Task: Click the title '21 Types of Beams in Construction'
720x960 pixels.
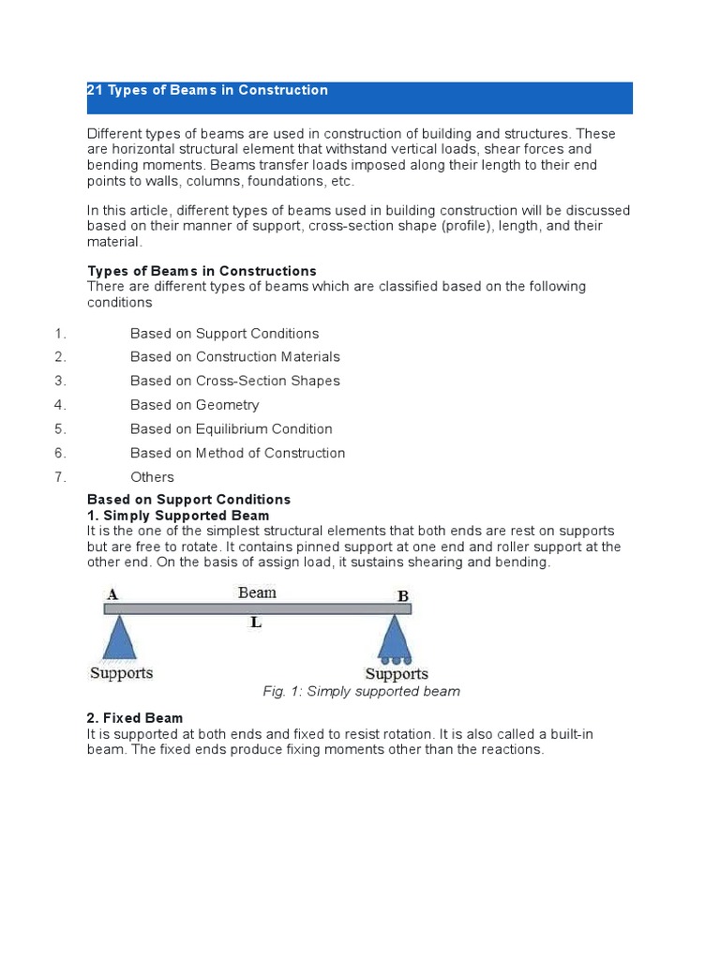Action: click(x=207, y=90)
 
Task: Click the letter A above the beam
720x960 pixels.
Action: click(x=112, y=593)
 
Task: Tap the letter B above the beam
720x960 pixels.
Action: click(x=403, y=595)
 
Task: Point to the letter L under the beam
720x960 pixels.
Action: click(x=254, y=622)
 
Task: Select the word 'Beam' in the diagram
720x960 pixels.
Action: click(x=257, y=592)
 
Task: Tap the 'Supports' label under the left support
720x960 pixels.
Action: click(x=121, y=673)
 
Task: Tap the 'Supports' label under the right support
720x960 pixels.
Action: click(x=397, y=674)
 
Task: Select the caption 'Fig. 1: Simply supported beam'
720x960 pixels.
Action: click(x=361, y=692)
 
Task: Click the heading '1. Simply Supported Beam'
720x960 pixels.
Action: click(x=178, y=516)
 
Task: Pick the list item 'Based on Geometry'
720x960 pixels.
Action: click(x=195, y=405)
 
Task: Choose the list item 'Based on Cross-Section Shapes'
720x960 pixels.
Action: click(x=235, y=381)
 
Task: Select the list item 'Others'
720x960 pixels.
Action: click(x=152, y=477)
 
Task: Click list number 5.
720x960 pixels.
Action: click(x=59, y=429)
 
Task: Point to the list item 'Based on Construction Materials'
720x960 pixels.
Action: click(x=235, y=357)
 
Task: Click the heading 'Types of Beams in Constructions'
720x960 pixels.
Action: click(x=202, y=272)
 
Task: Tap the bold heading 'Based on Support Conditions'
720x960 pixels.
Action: click(x=188, y=500)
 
